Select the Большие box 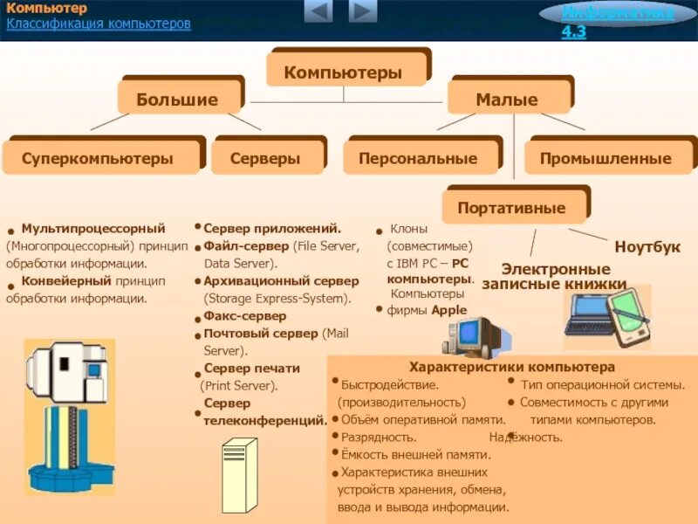(177, 100)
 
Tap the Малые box (507, 100)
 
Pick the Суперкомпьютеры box (98, 158)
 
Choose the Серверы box (265, 158)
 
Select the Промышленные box (606, 158)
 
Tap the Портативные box (511, 208)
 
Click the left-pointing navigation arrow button (318, 11)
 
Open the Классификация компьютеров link (99, 24)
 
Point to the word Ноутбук (647, 247)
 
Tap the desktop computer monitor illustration (476, 335)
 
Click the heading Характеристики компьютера (512, 367)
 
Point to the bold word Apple (448, 310)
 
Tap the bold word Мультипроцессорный (93, 228)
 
